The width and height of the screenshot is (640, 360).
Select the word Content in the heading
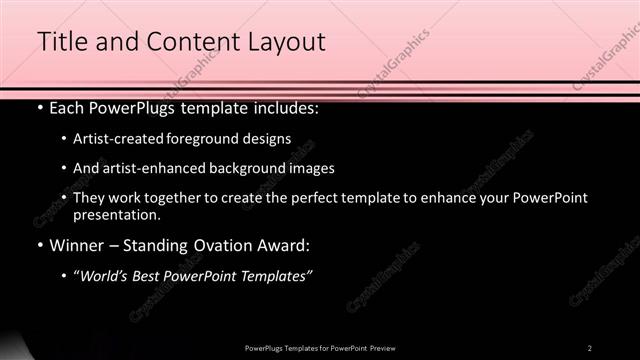pyautogui.click(x=189, y=41)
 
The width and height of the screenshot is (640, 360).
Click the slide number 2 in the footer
pyautogui.click(x=590, y=347)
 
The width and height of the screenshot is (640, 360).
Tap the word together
pyautogui.click(x=173, y=198)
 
